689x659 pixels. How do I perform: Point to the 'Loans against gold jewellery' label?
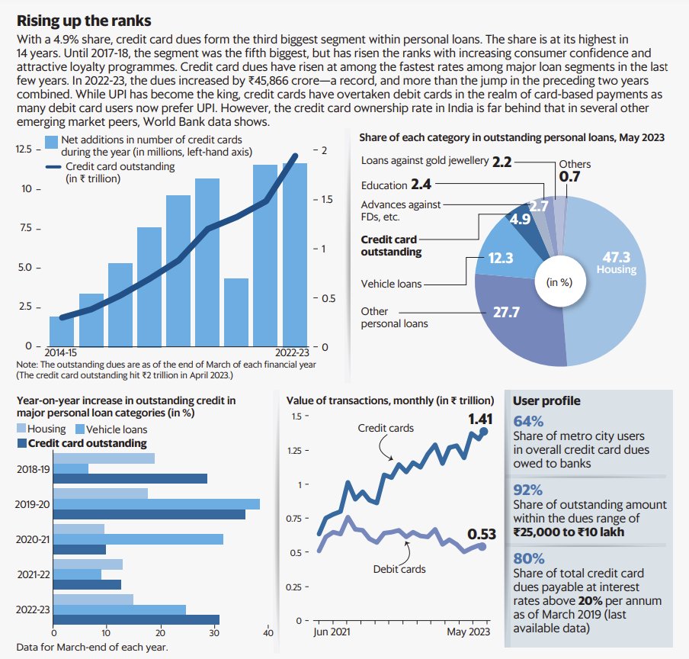(x=423, y=162)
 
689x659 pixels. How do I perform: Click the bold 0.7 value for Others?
(x=568, y=177)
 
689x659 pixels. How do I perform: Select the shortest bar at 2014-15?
(x=62, y=331)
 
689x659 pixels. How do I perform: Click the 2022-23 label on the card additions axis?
(x=293, y=353)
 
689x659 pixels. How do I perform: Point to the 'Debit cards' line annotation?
(x=399, y=569)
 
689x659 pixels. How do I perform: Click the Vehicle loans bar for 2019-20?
(x=156, y=504)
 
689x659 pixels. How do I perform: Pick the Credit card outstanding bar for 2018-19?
(x=130, y=479)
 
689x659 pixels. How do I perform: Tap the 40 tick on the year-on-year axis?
(x=268, y=632)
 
